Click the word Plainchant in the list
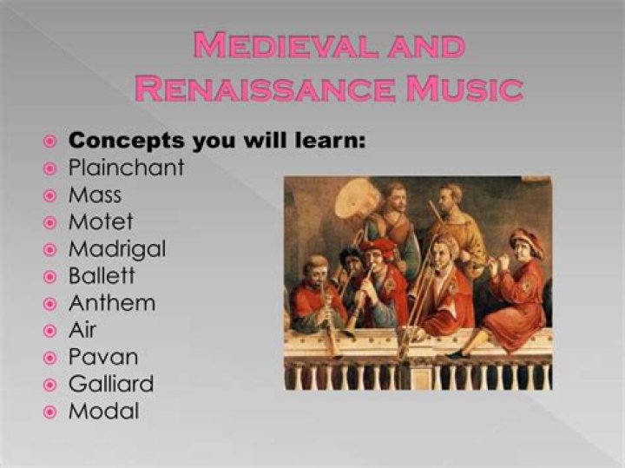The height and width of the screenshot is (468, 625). [x=126, y=168]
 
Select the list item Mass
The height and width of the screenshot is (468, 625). [x=95, y=194]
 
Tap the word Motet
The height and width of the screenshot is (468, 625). [x=101, y=221]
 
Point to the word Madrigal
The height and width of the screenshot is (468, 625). [x=116, y=249]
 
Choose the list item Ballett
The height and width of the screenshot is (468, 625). [x=102, y=276]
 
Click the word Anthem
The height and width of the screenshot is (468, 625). [x=112, y=303]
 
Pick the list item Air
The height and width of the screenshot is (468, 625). [x=82, y=330]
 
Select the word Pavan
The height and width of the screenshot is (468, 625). [x=103, y=357]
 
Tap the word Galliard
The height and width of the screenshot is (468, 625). [x=111, y=384]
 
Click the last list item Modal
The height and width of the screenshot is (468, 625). [x=103, y=411]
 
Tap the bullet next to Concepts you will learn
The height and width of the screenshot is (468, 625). [x=50, y=141]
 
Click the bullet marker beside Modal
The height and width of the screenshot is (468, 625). [x=50, y=412]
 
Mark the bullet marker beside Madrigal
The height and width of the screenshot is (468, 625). [x=50, y=250]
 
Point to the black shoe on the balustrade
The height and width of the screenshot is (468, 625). [x=457, y=354]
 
